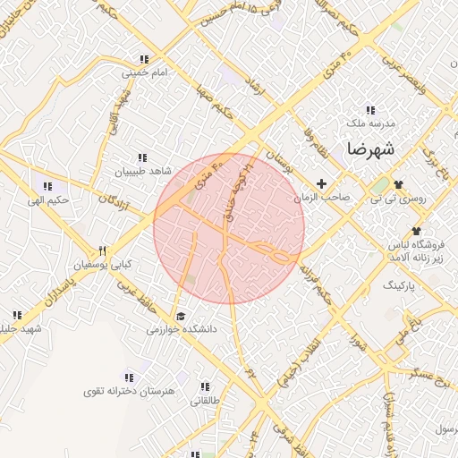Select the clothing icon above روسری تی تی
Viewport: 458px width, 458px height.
click(x=397, y=184)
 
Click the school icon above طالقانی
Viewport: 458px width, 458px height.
click(x=205, y=387)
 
